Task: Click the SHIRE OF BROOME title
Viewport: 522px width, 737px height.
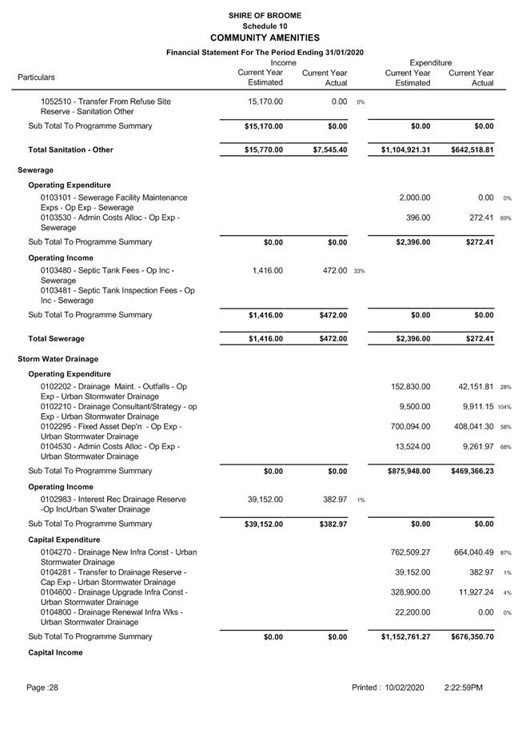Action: point(265,15)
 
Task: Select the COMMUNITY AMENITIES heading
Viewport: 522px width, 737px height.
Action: point(265,38)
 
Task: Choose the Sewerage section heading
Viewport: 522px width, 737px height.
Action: point(36,170)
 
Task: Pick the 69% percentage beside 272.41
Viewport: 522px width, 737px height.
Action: point(505,217)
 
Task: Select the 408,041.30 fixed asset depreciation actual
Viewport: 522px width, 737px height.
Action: point(473,427)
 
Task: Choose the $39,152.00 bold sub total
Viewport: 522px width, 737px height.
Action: point(263,524)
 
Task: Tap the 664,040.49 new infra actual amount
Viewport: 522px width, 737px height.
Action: point(473,552)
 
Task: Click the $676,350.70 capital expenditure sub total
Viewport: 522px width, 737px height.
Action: point(472,637)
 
